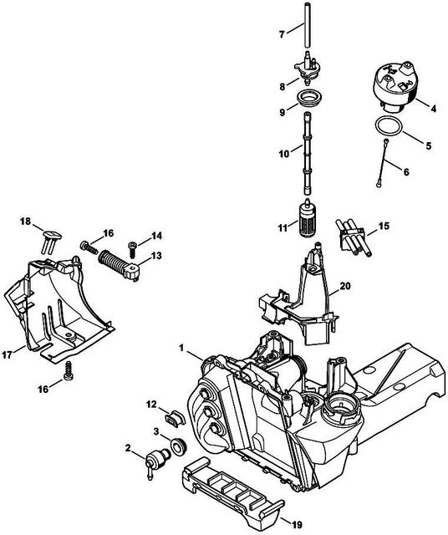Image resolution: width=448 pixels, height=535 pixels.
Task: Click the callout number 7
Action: pyautogui.click(x=282, y=34)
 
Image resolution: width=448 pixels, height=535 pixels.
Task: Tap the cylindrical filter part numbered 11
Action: pyautogui.click(x=307, y=218)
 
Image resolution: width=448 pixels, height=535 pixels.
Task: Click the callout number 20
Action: pyautogui.click(x=345, y=285)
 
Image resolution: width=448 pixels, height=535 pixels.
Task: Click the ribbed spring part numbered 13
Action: pyautogui.click(x=119, y=265)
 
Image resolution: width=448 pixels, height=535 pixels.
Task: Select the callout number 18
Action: pyautogui.click(x=25, y=222)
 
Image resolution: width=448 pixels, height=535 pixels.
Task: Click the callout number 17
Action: pyautogui.click(x=8, y=354)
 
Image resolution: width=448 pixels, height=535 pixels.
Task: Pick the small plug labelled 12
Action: pyautogui.click(x=175, y=417)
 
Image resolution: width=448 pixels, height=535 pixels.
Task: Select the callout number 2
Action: pyautogui.click(x=128, y=448)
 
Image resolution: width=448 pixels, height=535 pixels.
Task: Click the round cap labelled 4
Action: pyautogui.click(x=395, y=85)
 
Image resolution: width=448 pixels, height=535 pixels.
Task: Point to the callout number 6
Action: pyautogui.click(x=406, y=172)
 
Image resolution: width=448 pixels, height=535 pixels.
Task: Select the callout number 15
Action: pyautogui.click(x=384, y=227)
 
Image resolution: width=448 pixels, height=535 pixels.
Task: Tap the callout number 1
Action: pyautogui.click(x=181, y=348)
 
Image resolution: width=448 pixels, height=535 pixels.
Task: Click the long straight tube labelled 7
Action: pyautogui.click(x=308, y=26)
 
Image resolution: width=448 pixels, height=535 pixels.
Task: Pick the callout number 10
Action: pyautogui.click(x=284, y=154)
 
